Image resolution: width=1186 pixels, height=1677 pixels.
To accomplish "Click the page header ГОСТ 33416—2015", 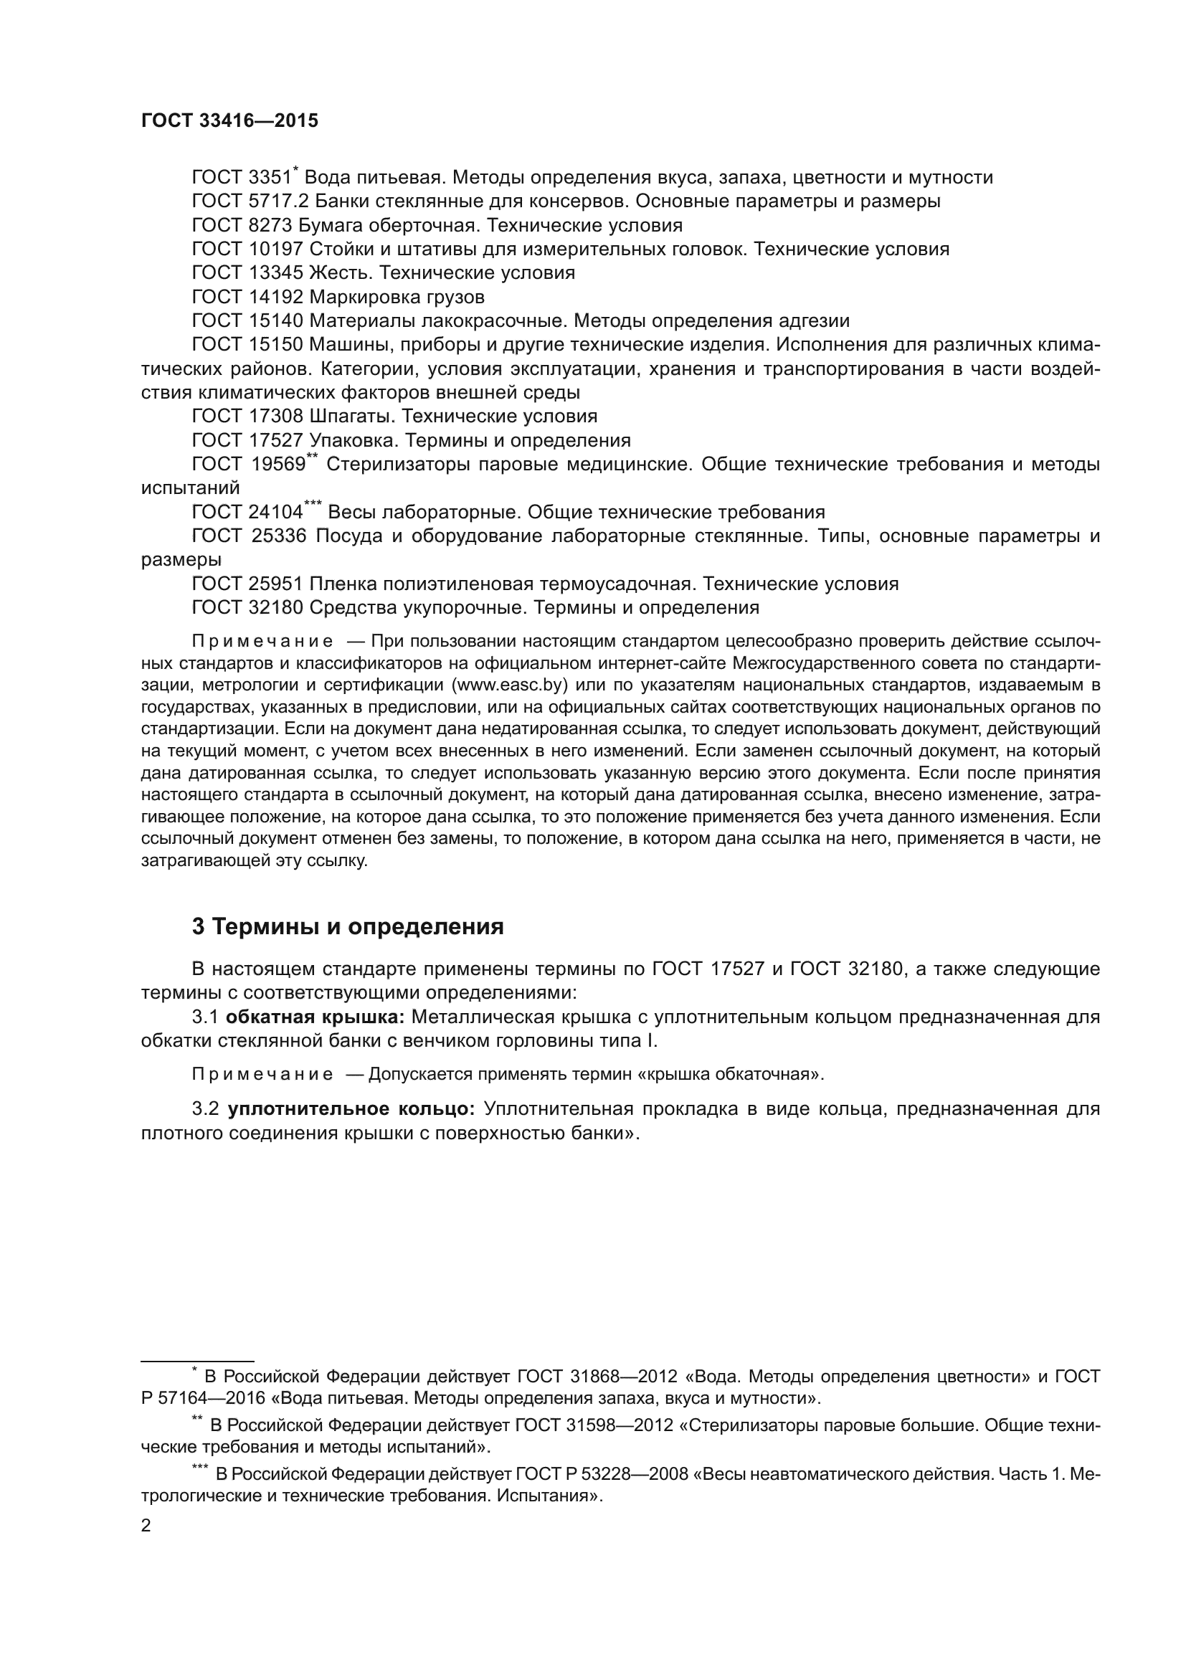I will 229,121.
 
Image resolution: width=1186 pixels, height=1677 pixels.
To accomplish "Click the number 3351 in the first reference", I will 270,178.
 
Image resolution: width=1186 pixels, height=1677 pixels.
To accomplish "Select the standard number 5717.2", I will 275,201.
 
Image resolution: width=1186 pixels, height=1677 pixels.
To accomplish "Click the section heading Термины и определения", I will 358,927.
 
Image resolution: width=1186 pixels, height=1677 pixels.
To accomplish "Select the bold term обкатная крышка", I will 316,1017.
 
